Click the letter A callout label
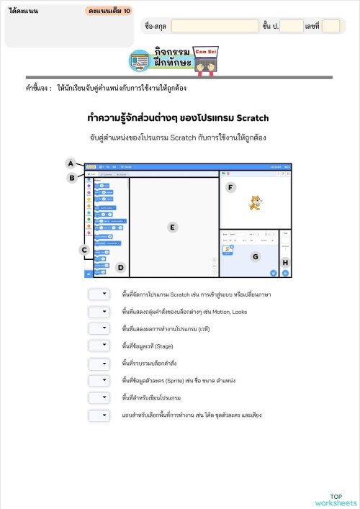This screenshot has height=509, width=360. click(x=71, y=163)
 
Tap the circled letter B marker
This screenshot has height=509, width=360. click(x=71, y=178)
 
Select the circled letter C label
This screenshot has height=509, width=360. click(x=84, y=250)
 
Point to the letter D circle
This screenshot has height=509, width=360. click(x=121, y=268)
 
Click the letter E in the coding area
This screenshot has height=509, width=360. click(x=172, y=227)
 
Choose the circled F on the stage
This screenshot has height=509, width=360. click(x=230, y=188)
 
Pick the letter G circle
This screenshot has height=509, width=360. click(x=255, y=256)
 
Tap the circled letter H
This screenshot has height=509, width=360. click(x=285, y=263)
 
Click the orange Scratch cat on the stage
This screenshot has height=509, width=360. click(x=253, y=203)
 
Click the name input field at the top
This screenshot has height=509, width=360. click(x=215, y=26)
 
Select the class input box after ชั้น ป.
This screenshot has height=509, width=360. click(x=292, y=26)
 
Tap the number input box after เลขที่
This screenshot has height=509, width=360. click(x=330, y=26)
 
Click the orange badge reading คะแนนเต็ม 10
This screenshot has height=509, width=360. click(x=108, y=12)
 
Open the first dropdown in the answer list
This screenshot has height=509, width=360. click(x=99, y=294)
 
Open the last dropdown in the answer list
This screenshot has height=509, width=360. click(x=99, y=415)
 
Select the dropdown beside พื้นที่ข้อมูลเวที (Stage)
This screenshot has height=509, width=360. click(x=99, y=346)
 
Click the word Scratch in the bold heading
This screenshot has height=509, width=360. click(x=252, y=117)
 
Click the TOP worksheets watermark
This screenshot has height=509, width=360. click(x=336, y=500)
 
